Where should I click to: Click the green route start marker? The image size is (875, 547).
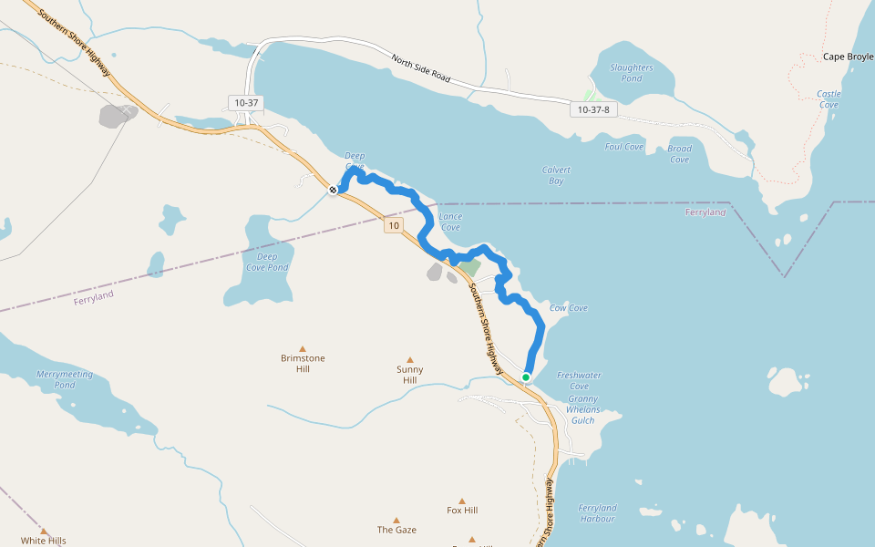[x=526, y=377]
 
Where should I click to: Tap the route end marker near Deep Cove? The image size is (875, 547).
[x=334, y=190]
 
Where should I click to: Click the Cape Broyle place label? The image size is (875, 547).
[x=848, y=57]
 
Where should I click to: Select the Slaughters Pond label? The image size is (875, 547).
[x=632, y=73]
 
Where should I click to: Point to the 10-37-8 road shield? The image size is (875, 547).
[x=593, y=109]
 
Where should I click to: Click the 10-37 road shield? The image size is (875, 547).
[x=247, y=103]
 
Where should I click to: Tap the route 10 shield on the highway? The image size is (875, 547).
[x=393, y=225]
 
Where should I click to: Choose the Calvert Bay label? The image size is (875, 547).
[x=556, y=175]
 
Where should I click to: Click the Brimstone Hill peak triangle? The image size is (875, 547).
[x=304, y=346]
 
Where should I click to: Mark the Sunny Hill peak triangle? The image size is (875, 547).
[x=410, y=360]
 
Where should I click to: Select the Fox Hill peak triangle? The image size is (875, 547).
[x=462, y=501]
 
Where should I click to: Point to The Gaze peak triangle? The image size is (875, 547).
[x=396, y=520]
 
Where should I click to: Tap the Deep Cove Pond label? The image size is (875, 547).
[x=266, y=262]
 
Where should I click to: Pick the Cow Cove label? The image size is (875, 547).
[x=568, y=308]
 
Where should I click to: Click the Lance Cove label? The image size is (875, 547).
[x=450, y=222]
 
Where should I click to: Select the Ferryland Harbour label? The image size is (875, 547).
[x=597, y=513]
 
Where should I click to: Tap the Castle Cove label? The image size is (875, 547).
[x=829, y=99]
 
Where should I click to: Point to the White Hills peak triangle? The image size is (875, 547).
[x=44, y=531]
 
